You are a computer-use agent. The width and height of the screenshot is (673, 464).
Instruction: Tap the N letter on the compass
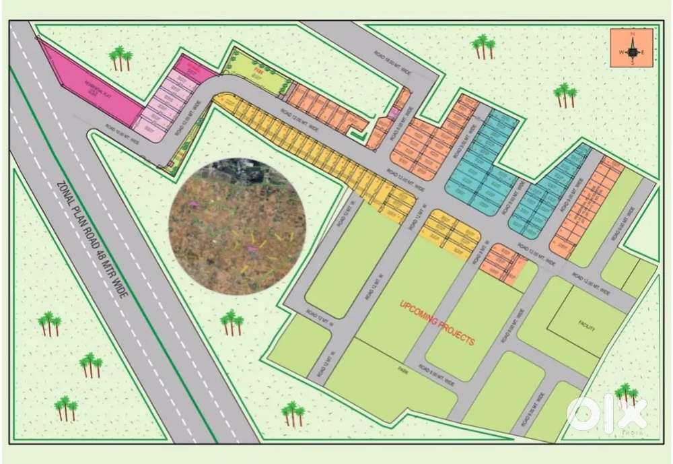tap(633, 33)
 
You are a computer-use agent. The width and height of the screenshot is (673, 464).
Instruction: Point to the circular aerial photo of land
tap(237, 226)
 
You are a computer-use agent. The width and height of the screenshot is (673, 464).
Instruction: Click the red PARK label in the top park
tap(256, 70)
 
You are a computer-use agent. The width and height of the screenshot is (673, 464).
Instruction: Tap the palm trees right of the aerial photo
tap(232, 322)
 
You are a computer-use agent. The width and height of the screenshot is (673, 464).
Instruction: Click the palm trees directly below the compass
tap(565, 95)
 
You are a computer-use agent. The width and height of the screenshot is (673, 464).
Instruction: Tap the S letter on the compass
tap(633, 63)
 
